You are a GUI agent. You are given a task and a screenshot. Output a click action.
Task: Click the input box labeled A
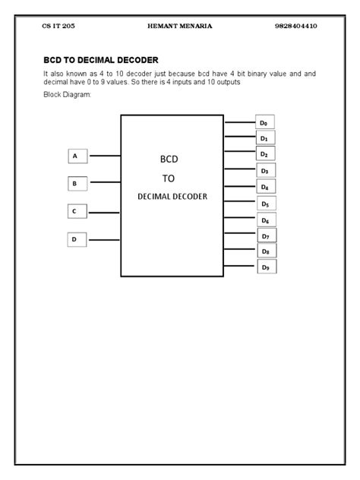(x=77, y=156)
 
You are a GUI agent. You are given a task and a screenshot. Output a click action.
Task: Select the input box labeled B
(x=77, y=183)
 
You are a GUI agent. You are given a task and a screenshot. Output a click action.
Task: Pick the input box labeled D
(x=77, y=239)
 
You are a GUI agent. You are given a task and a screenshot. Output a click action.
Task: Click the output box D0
(x=265, y=122)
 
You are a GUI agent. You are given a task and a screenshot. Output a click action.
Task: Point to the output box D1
(x=265, y=138)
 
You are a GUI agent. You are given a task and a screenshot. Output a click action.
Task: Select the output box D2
(x=265, y=154)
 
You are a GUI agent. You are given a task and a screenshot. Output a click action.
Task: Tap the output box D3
(x=265, y=171)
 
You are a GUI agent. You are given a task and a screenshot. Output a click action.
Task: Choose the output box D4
(x=265, y=187)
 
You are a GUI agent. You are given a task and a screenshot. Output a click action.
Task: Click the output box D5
(x=265, y=204)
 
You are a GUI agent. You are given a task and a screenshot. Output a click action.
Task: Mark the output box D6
(x=265, y=219)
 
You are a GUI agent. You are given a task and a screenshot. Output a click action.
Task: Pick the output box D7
(x=265, y=235)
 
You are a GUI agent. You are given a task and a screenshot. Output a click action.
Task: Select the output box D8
(x=265, y=251)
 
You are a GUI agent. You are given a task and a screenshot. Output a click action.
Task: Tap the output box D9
(x=265, y=267)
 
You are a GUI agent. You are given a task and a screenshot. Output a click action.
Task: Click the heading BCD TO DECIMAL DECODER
(x=101, y=59)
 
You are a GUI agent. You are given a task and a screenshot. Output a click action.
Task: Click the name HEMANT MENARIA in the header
(x=179, y=26)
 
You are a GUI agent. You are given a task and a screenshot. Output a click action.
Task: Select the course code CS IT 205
(x=58, y=26)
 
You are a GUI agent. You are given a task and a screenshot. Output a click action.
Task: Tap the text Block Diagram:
(x=68, y=95)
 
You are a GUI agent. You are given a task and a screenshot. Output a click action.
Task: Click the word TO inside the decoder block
(x=169, y=178)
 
